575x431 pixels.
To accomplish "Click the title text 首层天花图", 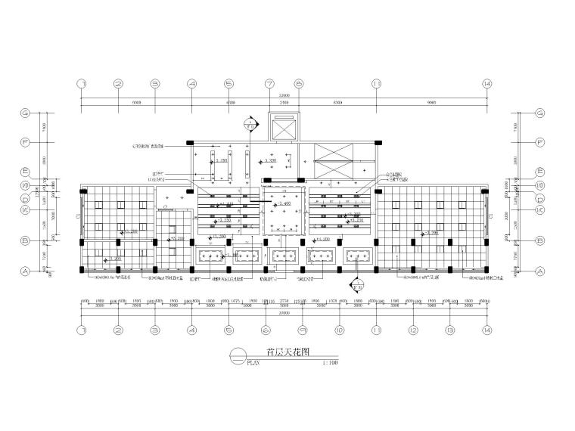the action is [288, 352].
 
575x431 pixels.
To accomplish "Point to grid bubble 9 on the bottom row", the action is [303, 330].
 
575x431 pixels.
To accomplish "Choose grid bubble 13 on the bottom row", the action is [450, 330].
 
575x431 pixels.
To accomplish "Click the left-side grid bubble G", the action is [25, 113].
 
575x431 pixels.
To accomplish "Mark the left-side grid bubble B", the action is [25, 240].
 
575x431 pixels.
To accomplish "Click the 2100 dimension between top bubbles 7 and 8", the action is [284, 103].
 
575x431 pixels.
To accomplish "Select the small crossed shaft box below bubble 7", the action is [284, 128].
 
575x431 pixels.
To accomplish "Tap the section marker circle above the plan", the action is [250, 122].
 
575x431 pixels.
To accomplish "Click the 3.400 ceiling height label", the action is [285, 204].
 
